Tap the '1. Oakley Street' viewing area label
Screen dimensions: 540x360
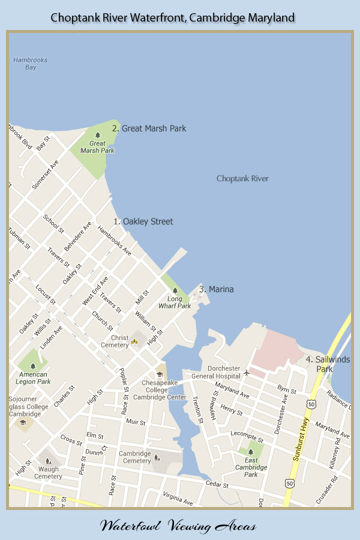pos(143,221)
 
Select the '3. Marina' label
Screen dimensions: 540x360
pos(217,289)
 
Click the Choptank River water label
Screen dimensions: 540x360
pos(242,178)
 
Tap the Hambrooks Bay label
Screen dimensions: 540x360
pos(30,64)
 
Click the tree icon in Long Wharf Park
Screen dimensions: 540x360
pos(175,290)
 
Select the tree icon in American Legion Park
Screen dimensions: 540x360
pos(33,365)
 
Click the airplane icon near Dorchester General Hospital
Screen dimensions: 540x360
pos(247,373)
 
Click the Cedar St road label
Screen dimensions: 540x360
pos(217,482)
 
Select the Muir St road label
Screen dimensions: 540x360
pos(133,422)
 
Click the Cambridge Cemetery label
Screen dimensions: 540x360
pos(135,457)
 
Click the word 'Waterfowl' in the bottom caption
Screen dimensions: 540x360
pos(126,526)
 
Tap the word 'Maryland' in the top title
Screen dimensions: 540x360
pos(269,18)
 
